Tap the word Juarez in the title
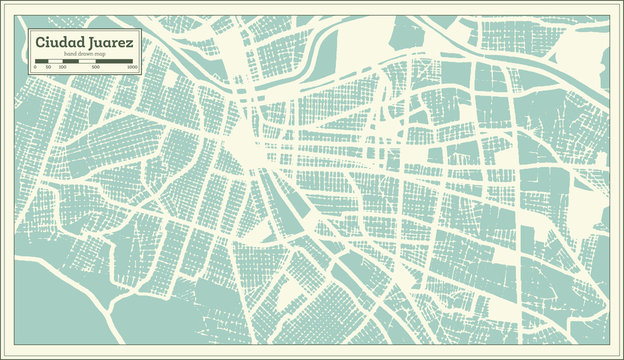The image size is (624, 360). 110,42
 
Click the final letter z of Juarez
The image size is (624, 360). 131,43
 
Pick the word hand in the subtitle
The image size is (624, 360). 72,54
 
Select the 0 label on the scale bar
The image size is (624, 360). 36,68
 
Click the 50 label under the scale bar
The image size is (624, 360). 47,68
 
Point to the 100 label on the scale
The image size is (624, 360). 62,68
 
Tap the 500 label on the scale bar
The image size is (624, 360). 95,68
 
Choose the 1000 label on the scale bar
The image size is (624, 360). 131,68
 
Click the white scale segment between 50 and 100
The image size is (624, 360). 55,62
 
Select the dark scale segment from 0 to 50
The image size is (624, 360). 42,62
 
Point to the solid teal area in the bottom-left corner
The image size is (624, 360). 50,310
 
